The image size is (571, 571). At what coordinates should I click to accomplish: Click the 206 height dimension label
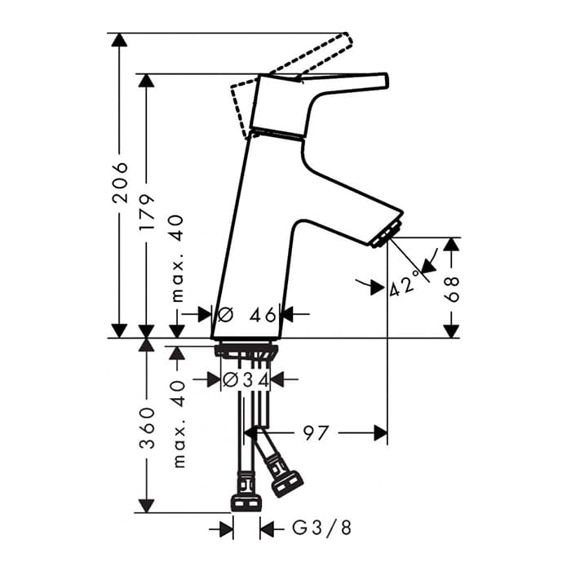pyautogui.click(x=120, y=183)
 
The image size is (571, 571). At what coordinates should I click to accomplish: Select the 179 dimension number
pyautogui.click(x=147, y=212)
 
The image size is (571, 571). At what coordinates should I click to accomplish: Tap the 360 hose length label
pyautogui.click(x=148, y=428)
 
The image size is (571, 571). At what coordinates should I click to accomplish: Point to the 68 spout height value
pyautogui.click(x=452, y=289)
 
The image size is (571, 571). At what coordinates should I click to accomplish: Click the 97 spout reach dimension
pyautogui.click(x=316, y=433)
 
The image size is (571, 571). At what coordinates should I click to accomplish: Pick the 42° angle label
pyautogui.click(x=404, y=285)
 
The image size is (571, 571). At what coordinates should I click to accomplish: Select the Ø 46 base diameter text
pyautogui.click(x=246, y=314)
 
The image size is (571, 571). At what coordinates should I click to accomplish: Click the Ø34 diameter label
pyautogui.click(x=246, y=380)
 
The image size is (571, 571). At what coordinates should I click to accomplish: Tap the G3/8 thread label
pyautogui.click(x=321, y=528)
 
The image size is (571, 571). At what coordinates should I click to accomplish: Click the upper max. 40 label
pyautogui.click(x=178, y=259)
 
